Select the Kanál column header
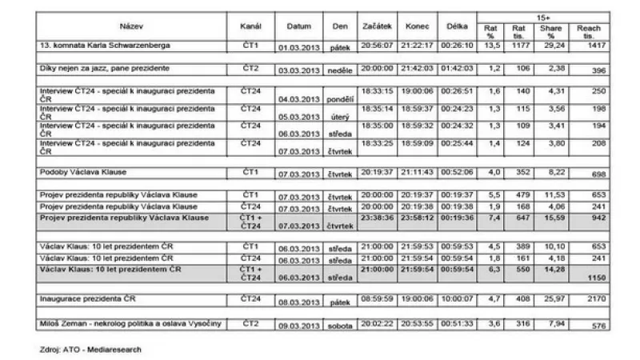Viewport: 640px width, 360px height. point(251,27)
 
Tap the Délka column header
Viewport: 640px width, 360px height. point(457,27)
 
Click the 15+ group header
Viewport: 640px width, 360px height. point(544,15)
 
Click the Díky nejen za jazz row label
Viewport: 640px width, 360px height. point(105,69)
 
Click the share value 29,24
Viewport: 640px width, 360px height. point(551,45)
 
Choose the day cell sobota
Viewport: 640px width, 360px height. point(340,326)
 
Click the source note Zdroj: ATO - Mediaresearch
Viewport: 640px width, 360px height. point(90,350)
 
